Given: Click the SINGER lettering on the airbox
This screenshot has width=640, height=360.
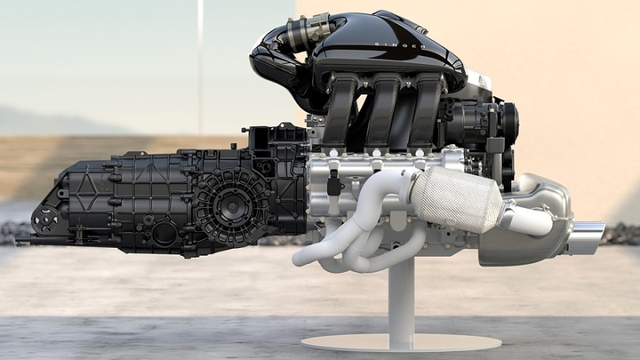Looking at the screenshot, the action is (400, 45).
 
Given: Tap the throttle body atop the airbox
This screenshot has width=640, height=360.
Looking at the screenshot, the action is (308, 28).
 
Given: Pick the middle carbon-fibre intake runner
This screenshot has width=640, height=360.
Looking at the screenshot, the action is (383, 111).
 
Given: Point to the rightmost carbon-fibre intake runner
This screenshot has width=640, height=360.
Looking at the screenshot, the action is (425, 111).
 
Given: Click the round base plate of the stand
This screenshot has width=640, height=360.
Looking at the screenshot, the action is (401, 344).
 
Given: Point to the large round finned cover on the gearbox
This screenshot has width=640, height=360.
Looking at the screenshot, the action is (231, 207).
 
